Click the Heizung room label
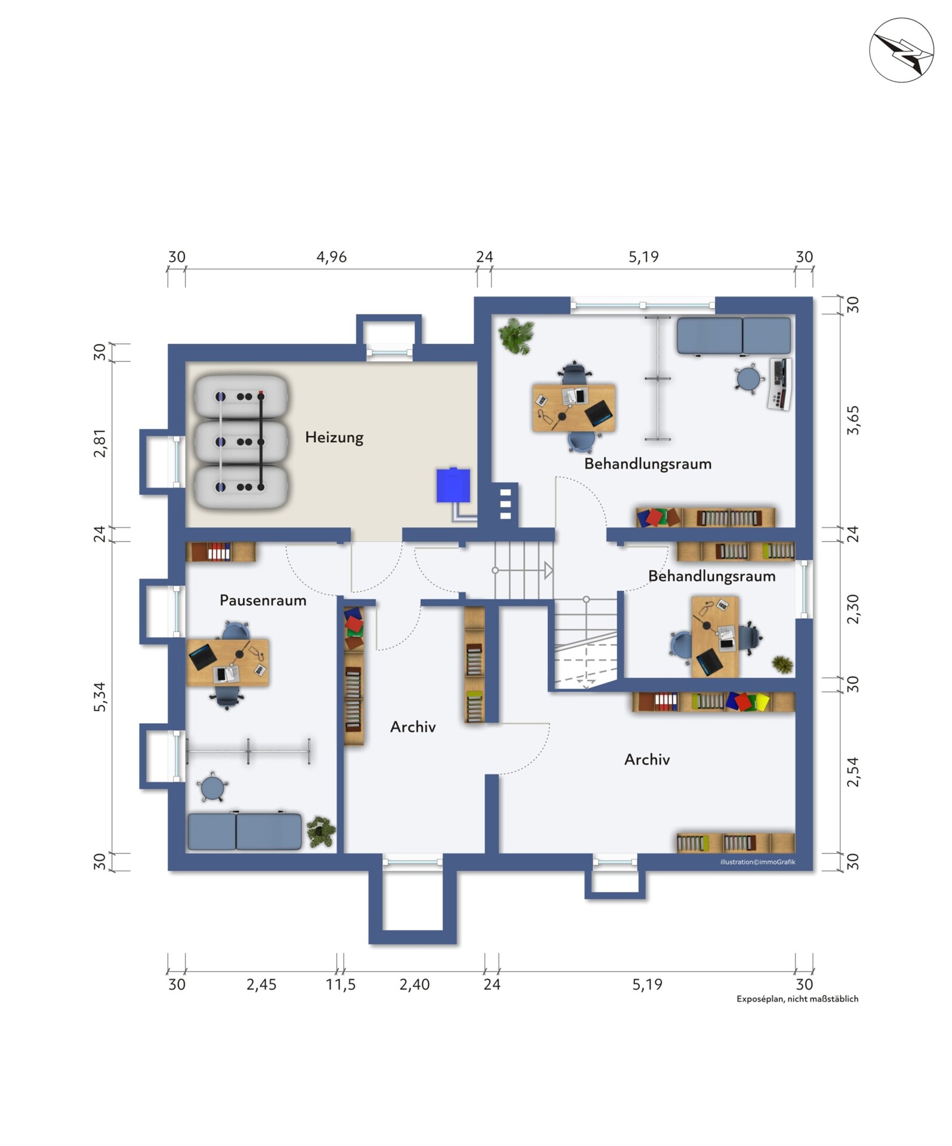tap(334, 438)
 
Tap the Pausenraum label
tap(263, 600)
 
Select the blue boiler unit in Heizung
tap(453, 485)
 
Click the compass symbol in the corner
tap(901, 50)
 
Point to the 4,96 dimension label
tap(331, 257)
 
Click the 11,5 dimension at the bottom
tap(341, 984)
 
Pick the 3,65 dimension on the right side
tap(853, 420)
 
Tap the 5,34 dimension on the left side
tap(99, 697)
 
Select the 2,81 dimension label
tap(99, 443)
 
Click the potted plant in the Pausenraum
tap(321, 831)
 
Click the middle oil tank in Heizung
tap(242, 442)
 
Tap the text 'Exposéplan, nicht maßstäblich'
tap(797, 999)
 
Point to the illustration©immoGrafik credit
tap(757, 862)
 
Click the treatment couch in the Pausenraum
tap(245, 830)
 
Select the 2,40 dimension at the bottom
tap(414, 984)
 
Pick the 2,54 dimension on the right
tap(853, 772)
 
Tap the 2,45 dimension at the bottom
tap(261, 984)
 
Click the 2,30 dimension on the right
tap(853, 609)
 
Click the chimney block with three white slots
tap(506, 504)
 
